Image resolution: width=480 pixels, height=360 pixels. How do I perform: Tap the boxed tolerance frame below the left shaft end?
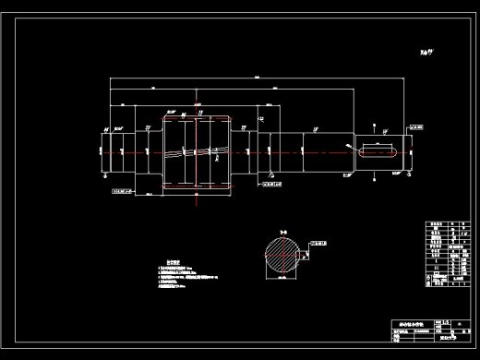pos(123,193)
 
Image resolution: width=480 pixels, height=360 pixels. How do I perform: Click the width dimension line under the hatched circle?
pos(281,283)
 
